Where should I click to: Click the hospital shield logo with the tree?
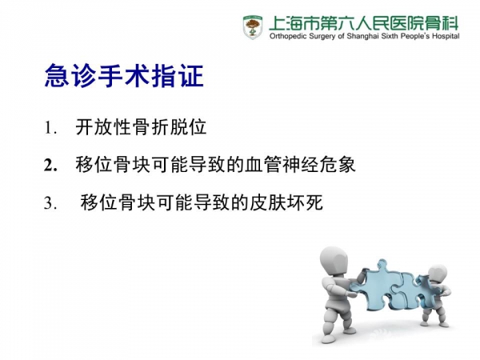point(253,27)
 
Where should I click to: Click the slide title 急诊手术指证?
point(124,76)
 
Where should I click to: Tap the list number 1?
point(50,128)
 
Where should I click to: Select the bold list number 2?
point(50,166)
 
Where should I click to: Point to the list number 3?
point(50,202)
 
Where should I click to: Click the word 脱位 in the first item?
point(188,126)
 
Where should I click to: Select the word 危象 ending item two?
point(338,164)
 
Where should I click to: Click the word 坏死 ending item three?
point(305,202)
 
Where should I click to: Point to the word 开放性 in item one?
point(103,126)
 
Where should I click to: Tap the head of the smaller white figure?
point(437,276)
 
